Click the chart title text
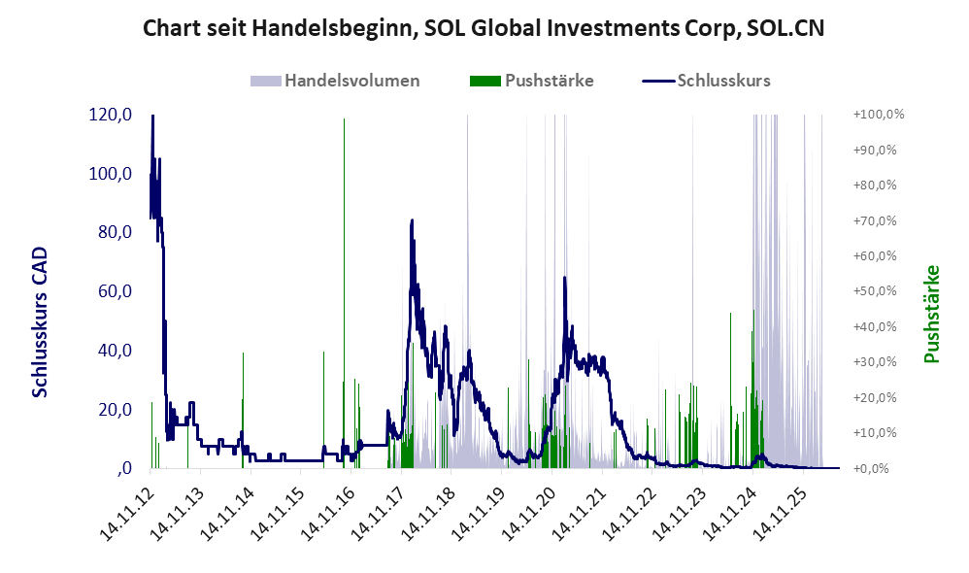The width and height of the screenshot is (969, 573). tap(484, 28)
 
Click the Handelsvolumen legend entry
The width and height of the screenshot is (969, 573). tap(335, 81)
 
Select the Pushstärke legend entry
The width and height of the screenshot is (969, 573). tap(531, 81)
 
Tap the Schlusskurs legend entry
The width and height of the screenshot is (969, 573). tap(706, 81)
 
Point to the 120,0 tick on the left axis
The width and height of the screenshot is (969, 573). tap(110, 115)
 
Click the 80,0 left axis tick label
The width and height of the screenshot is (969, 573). tap(115, 232)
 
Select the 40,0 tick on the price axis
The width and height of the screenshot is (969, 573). tap(115, 351)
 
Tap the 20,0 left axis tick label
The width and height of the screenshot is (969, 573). tap(115, 409)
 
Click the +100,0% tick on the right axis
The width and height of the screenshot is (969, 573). tap(878, 115)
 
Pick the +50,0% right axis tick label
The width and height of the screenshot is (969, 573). tap(875, 291)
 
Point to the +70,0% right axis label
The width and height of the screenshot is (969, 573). tap(875, 220)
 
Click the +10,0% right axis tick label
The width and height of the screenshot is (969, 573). tap(875, 433)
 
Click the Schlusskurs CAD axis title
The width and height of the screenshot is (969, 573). tap(40, 322)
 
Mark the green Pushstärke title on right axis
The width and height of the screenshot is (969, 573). tap(931, 314)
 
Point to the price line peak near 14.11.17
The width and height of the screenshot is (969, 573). tap(413, 220)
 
